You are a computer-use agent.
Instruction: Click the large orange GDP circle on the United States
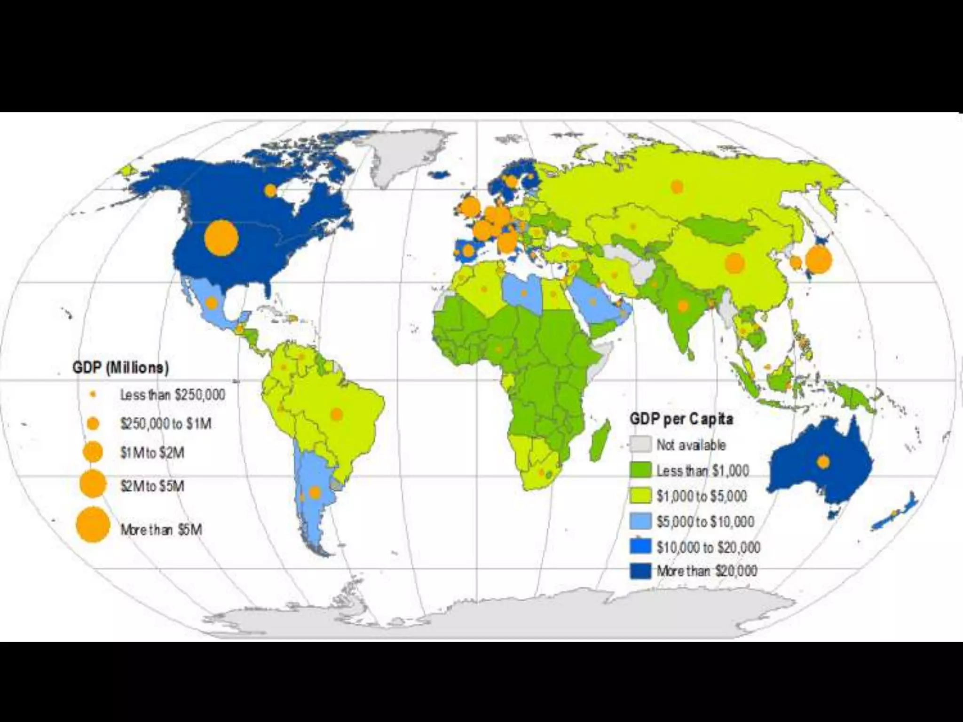(221, 238)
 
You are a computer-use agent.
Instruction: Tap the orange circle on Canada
(270, 190)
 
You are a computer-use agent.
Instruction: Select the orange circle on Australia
(823, 462)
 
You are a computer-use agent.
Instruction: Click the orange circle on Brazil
(337, 414)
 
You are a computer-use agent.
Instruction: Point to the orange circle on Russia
(677, 187)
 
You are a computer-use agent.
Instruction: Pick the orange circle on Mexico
(212, 303)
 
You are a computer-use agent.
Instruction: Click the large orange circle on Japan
(819, 259)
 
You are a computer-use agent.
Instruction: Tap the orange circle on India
(683, 306)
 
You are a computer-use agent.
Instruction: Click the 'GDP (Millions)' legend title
(120, 367)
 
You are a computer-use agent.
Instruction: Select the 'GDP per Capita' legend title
(681, 419)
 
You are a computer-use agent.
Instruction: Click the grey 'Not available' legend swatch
(640, 444)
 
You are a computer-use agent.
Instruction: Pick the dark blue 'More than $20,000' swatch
(640, 571)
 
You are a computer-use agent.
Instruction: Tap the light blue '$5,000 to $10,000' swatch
(640, 521)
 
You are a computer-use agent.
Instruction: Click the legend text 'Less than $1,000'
(703, 471)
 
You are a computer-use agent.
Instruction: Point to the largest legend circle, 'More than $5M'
(93, 525)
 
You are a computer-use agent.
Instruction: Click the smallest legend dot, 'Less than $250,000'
(93, 394)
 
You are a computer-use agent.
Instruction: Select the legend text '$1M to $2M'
(152, 453)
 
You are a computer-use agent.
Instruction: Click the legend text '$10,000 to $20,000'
(708, 547)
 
